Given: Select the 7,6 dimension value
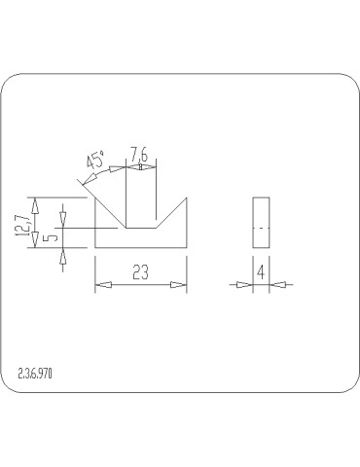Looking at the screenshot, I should (140, 155).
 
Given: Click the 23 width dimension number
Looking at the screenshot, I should (140, 273).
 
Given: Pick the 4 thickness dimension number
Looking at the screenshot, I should (260, 273).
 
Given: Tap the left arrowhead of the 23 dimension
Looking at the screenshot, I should (101, 285).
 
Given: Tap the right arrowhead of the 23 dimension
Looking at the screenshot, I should (179, 285).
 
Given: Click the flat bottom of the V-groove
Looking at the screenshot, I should (142, 229).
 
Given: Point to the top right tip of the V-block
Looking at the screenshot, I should (187, 198).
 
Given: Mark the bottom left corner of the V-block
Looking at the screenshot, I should (95, 248).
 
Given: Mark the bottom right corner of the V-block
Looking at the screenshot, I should (187, 248).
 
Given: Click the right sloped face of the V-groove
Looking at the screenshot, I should (171, 213).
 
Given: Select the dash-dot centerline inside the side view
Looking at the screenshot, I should (260, 226).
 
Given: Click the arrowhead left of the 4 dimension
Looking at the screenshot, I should (246, 285).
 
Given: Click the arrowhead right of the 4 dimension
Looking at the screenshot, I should (274, 285).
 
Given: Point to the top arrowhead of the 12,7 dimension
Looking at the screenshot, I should (36, 203).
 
